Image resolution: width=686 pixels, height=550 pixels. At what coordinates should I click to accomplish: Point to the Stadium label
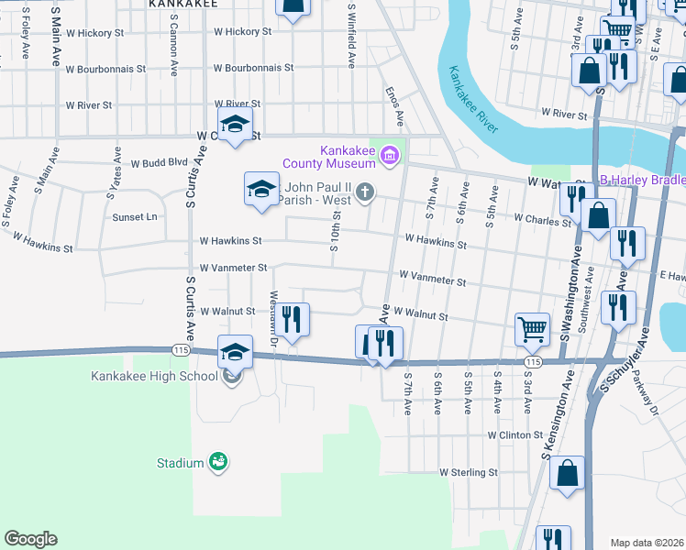(x=180, y=463)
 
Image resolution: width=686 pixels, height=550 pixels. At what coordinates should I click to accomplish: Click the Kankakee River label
(x=473, y=99)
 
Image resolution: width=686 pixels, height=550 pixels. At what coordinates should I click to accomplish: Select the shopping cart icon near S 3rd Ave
(x=532, y=328)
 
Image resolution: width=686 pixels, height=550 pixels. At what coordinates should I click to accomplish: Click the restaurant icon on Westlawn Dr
(x=292, y=320)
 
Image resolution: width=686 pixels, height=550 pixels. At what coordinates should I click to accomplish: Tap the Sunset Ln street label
(x=135, y=217)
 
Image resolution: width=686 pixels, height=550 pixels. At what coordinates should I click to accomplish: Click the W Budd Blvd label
(x=159, y=163)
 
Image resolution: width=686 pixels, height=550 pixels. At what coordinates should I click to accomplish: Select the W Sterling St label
(x=469, y=473)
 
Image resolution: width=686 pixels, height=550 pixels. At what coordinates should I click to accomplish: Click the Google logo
(x=30, y=539)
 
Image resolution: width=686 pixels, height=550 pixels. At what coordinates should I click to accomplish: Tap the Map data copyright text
(x=647, y=543)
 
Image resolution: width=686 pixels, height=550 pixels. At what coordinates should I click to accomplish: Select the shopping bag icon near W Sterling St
(x=569, y=474)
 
